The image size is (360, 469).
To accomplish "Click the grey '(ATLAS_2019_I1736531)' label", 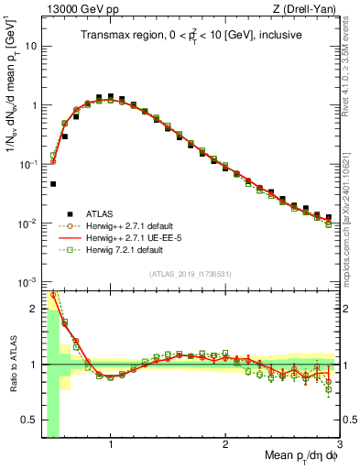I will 191,273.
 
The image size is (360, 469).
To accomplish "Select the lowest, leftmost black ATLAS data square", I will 53,184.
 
